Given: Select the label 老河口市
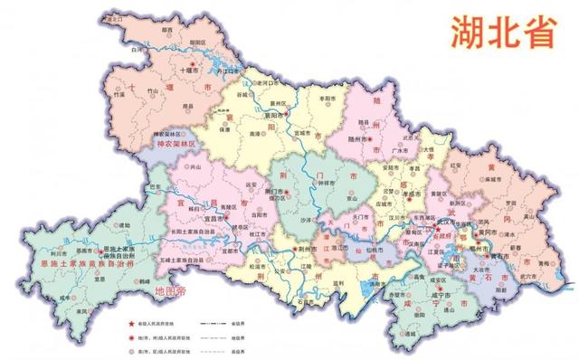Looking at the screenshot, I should (271, 82).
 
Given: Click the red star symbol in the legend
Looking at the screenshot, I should (135, 322).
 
